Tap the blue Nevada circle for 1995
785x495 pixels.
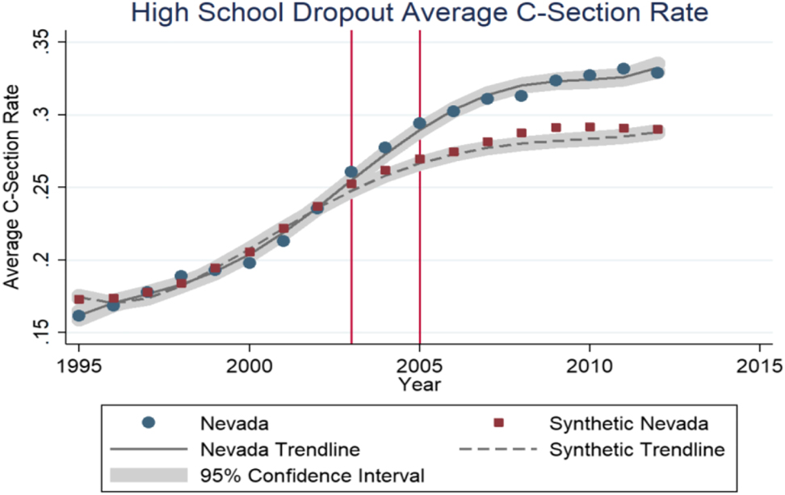coord(79,315)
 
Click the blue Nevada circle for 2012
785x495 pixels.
coord(657,73)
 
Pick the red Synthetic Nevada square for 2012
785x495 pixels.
coord(657,129)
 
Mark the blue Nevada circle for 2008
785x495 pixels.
coord(522,95)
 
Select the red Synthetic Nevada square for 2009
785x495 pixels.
coord(556,128)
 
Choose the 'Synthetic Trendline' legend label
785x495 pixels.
coord(636,448)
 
